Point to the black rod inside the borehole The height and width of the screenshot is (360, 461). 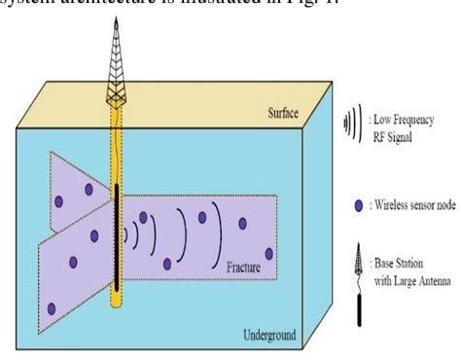tap(117, 234)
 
